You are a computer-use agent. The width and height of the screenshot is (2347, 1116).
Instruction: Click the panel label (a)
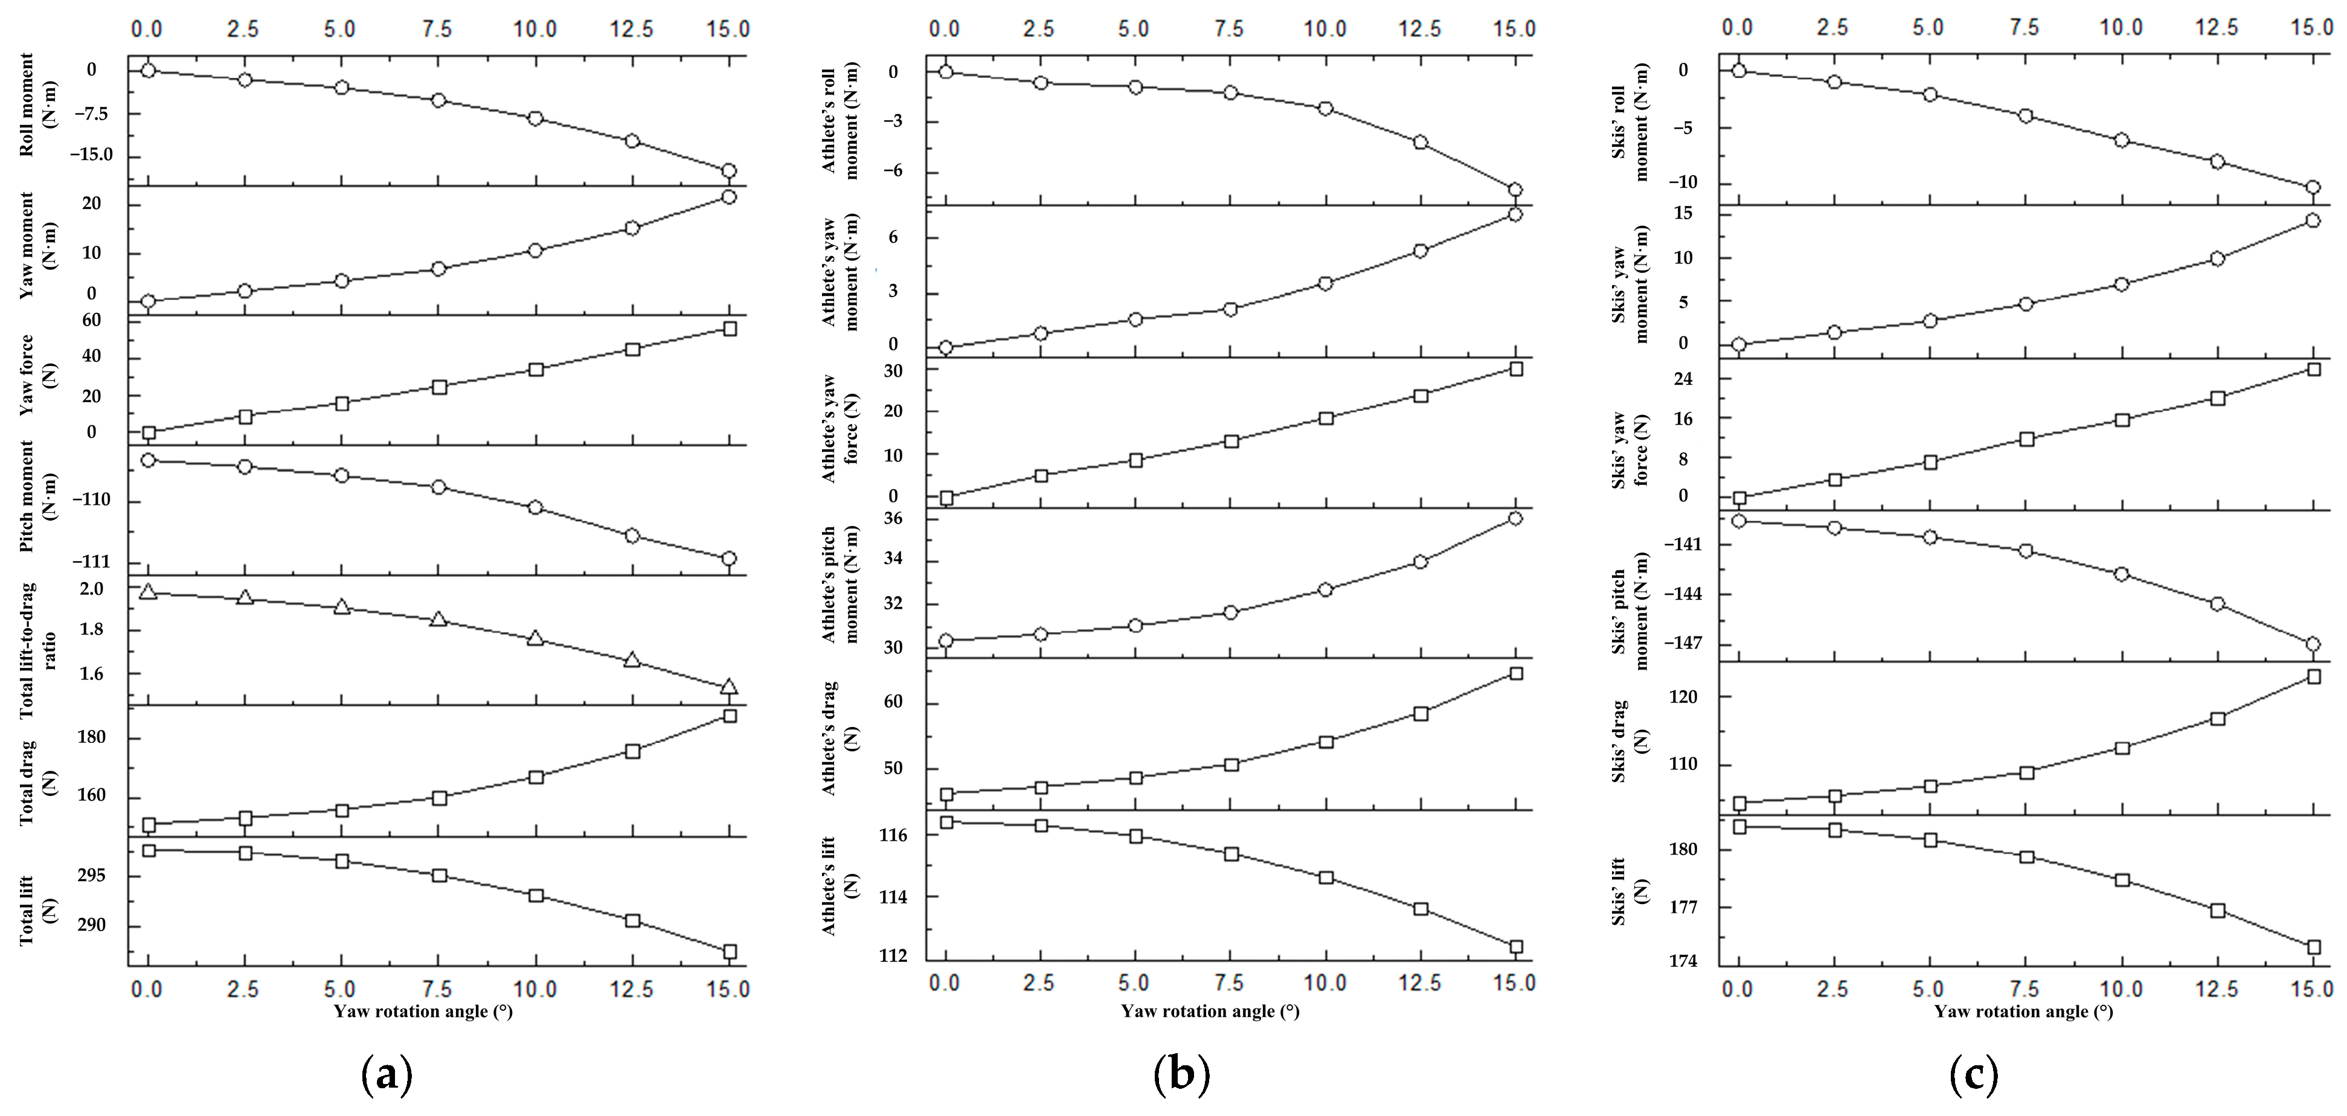pyautogui.click(x=387, y=1075)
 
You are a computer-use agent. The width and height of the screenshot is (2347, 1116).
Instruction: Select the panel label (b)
pyautogui.click(x=1182, y=1075)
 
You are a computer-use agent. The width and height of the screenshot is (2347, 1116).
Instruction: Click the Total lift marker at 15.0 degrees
pyautogui.click(x=729, y=952)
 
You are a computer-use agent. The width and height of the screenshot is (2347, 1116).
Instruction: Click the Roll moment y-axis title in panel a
pyautogui.click(x=36, y=104)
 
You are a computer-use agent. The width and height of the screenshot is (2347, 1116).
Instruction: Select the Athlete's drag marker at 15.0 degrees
pyautogui.click(x=1516, y=673)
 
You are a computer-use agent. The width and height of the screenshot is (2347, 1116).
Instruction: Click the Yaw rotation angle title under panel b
pyautogui.click(x=1210, y=1012)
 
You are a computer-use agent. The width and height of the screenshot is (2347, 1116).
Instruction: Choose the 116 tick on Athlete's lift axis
pyautogui.click(x=894, y=835)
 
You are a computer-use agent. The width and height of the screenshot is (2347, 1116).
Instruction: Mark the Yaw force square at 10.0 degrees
pyautogui.click(x=536, y=370)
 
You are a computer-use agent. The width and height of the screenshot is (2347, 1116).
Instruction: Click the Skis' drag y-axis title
pyautogui.click(x=1630, y=740)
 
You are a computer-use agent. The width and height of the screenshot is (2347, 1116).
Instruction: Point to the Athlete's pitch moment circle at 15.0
pyautogui.click(x=1515, y=518)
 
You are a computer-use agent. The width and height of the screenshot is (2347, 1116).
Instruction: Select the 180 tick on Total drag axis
pyautogui.click(x=91, y=737)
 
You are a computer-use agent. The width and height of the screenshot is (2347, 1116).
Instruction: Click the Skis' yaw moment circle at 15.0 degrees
pyautogui.click(x=2313, y=220)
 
